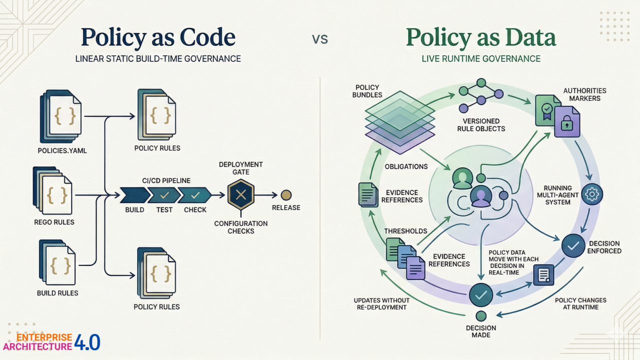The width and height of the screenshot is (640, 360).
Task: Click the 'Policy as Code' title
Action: [x=158, y=37]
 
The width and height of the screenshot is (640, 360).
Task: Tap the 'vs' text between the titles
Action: [x=320, y=38]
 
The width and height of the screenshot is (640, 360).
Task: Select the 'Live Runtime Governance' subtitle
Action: [x=481, y=58]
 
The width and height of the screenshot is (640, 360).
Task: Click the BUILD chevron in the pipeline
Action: [x=135, y=195]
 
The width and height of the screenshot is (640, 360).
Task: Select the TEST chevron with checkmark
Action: [x=164, y=195]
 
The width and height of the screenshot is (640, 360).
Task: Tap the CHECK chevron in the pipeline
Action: [x=195, y=195]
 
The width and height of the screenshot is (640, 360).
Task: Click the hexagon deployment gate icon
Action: [x=241, y=195]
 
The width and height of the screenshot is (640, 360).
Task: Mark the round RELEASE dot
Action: [x=286, y=195]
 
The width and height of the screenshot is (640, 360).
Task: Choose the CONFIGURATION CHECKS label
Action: [x=241, y=227]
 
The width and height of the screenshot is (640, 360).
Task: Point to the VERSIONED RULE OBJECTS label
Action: [x=481, y=124]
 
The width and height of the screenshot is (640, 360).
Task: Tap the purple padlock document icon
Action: [x=567, y=122]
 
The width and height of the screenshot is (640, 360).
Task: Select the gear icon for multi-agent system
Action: [x=592, y=194]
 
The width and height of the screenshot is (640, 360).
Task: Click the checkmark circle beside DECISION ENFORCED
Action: [x=573, y=245]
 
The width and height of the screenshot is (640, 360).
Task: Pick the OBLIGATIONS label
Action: [x=406, y=166]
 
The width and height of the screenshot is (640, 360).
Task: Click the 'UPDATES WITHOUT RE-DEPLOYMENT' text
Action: [x=381, y=303]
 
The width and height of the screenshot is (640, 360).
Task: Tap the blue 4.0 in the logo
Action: [x=87, y=342]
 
